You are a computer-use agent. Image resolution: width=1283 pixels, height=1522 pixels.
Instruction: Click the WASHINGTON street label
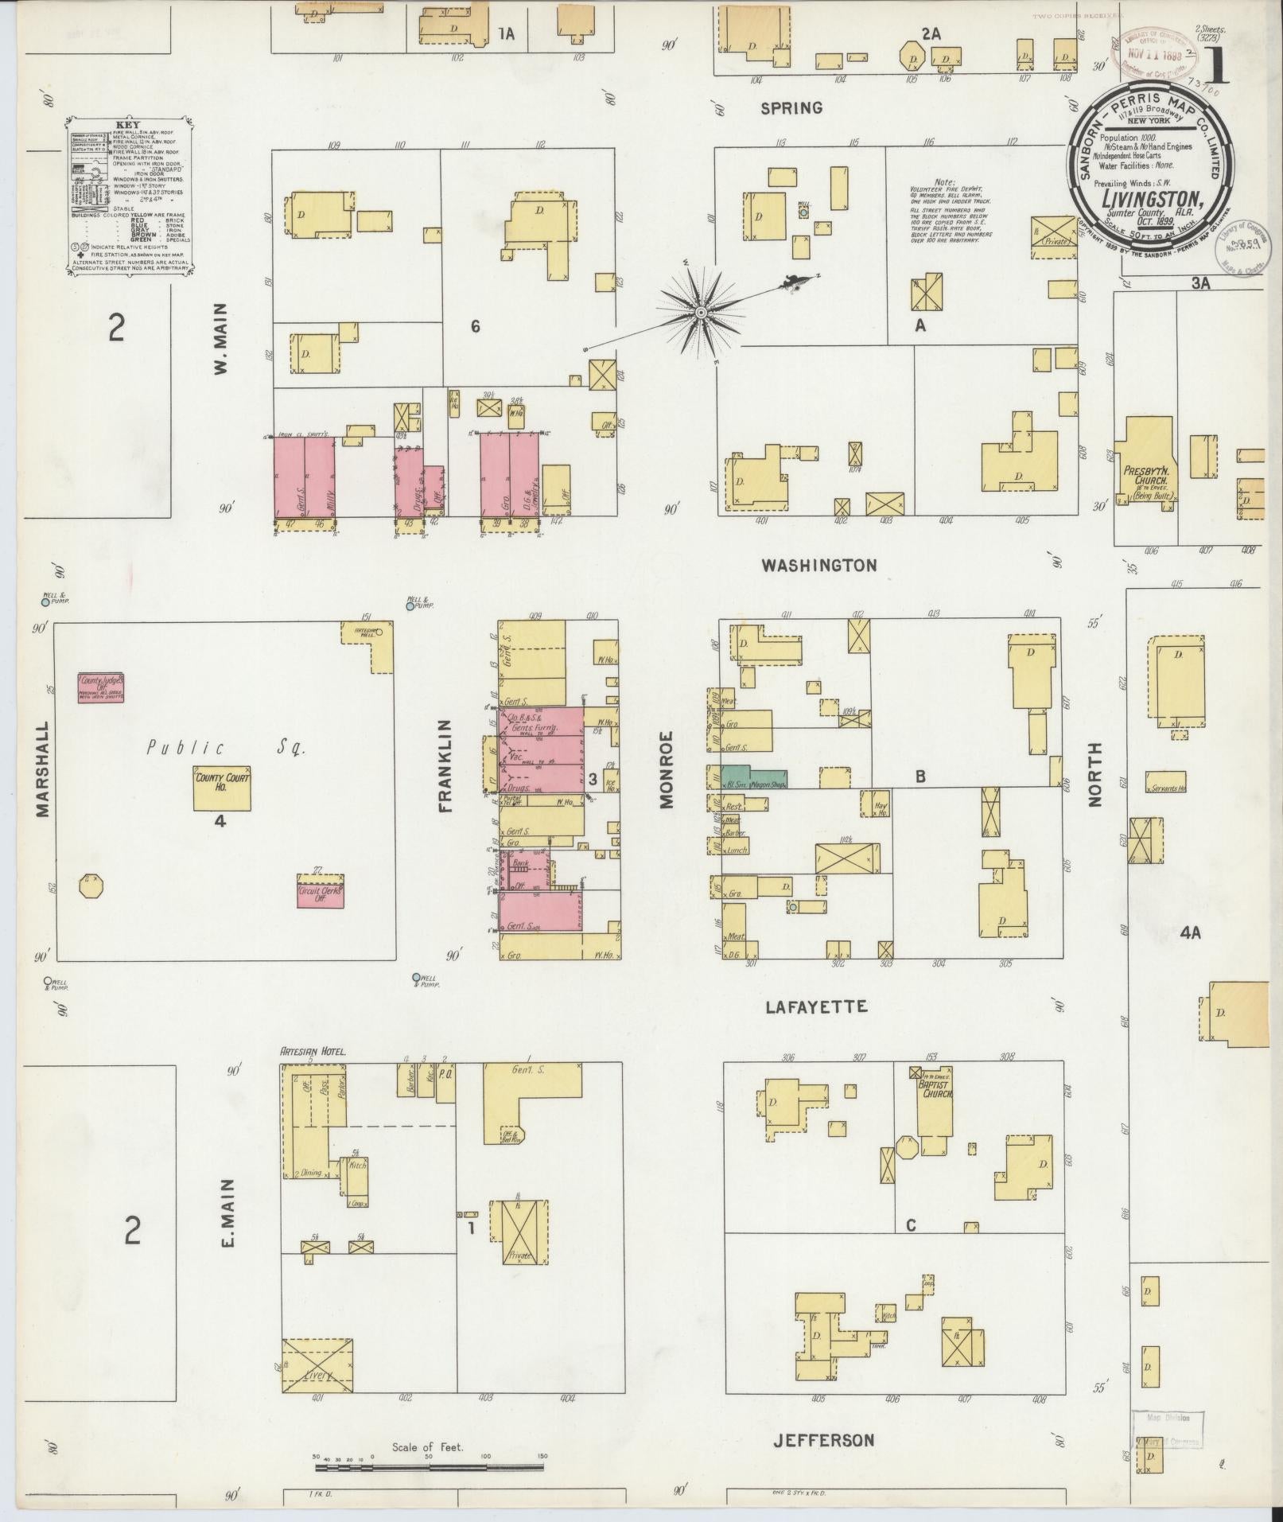(x=818, y=566)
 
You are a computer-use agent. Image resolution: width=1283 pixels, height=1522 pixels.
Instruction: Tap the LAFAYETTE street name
(x=816, y=1007)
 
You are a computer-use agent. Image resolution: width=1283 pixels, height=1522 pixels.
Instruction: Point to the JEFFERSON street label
(x=823, y=1439)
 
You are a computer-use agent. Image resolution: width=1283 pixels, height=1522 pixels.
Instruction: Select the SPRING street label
(x=791, y=108)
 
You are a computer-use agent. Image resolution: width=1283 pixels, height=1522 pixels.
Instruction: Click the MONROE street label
(x=666, y=770)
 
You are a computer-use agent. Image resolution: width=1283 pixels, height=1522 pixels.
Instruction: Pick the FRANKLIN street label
(x=445, y=765)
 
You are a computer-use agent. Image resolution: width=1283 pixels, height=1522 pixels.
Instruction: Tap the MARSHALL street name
(x=43, y=769)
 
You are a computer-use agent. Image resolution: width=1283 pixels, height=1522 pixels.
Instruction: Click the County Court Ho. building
(x=222, y=788)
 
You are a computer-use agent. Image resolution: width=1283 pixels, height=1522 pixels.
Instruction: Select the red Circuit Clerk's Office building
(x=321, y=892)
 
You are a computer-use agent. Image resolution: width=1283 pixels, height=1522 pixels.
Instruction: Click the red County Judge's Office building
(x=104, y=687)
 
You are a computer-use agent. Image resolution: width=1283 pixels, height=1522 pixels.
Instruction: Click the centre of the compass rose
(x=701, y=313)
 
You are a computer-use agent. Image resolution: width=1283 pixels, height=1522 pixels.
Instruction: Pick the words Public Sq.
(x=227, y=747)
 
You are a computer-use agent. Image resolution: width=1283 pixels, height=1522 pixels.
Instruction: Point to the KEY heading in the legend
(x=128, y=126)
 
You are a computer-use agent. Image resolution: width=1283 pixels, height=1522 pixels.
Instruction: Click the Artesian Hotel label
(x=313, y=1052)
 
